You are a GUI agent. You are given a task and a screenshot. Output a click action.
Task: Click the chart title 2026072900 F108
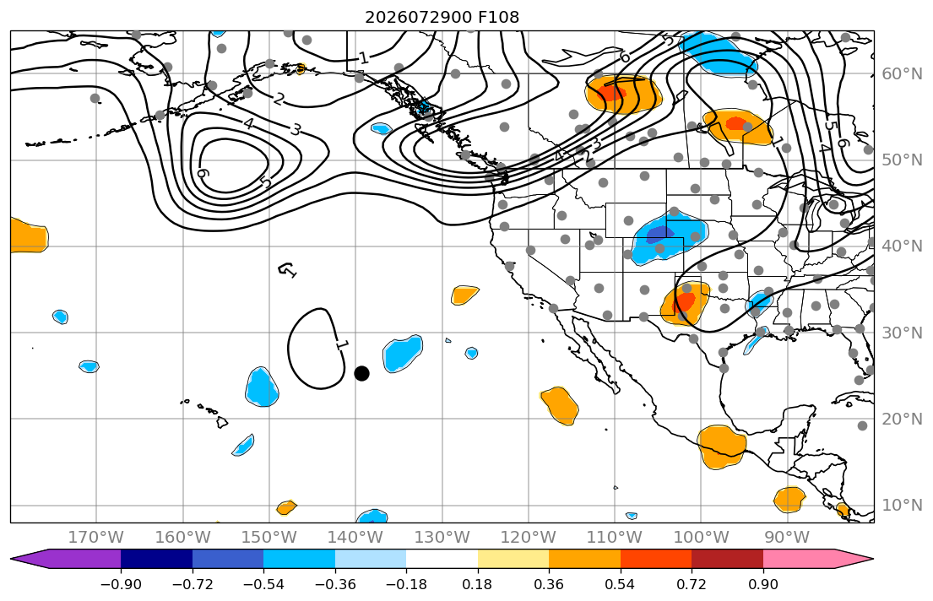(442, 17)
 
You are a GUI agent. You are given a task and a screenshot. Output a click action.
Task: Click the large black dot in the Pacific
(361, 373)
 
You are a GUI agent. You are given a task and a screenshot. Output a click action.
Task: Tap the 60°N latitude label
(902, 73)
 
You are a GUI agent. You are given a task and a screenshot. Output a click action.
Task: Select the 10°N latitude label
(902, 506)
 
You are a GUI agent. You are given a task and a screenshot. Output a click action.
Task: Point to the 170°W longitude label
(95, 538)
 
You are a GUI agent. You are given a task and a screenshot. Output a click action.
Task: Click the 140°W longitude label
(355, 538)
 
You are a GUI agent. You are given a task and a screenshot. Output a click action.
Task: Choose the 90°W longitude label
(787, 538)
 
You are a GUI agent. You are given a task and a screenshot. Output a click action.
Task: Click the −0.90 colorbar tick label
(121, 584)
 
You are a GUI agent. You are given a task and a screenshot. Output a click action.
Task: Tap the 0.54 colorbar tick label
(620, 584)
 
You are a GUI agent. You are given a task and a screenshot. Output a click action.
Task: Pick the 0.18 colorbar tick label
(477, 584)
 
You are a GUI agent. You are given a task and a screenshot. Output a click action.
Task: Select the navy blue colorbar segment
(156, 560)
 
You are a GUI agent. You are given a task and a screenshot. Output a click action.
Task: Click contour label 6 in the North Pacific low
(203, 173)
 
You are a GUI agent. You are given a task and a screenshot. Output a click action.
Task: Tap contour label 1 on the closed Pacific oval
(341, 344)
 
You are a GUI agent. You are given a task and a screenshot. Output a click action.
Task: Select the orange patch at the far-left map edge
(28, 235)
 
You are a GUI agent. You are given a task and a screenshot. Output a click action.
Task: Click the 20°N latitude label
(902, 419)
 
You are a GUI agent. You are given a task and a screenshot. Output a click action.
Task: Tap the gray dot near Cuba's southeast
(862, 425)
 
